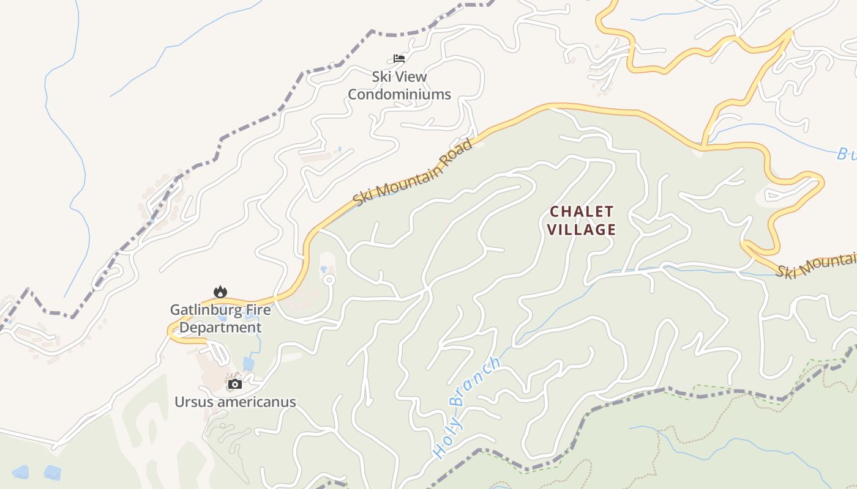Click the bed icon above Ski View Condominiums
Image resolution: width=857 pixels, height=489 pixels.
399,59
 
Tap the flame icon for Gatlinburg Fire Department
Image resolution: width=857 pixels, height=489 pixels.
220,292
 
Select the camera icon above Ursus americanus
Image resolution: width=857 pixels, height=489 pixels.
235,384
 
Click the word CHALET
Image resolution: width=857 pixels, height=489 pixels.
582,212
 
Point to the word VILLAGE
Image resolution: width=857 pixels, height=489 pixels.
582,230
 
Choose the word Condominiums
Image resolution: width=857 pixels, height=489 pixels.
399,95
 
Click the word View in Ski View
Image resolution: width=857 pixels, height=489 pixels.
411,77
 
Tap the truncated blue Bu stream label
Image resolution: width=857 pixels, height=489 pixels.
846,154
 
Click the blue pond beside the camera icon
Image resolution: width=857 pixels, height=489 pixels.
248,364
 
